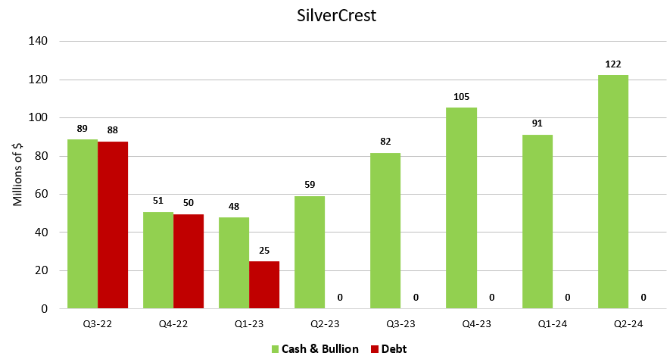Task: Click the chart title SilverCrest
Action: [335, 16]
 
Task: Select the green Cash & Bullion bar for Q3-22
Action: [83, 223]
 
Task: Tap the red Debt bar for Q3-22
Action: [113, 225]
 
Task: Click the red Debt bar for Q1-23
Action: [264, 285]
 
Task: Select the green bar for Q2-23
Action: [310, 252]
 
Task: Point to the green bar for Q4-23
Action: [461, 208]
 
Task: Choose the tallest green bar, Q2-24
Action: [613, 192]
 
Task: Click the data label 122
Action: [613, 64]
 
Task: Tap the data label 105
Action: [461, 97]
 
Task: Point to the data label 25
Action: [264, 251]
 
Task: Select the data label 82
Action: [385, 142]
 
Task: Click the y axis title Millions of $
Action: [18, 175]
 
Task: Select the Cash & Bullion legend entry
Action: [315, 349]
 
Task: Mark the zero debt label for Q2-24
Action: [644, 298]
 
